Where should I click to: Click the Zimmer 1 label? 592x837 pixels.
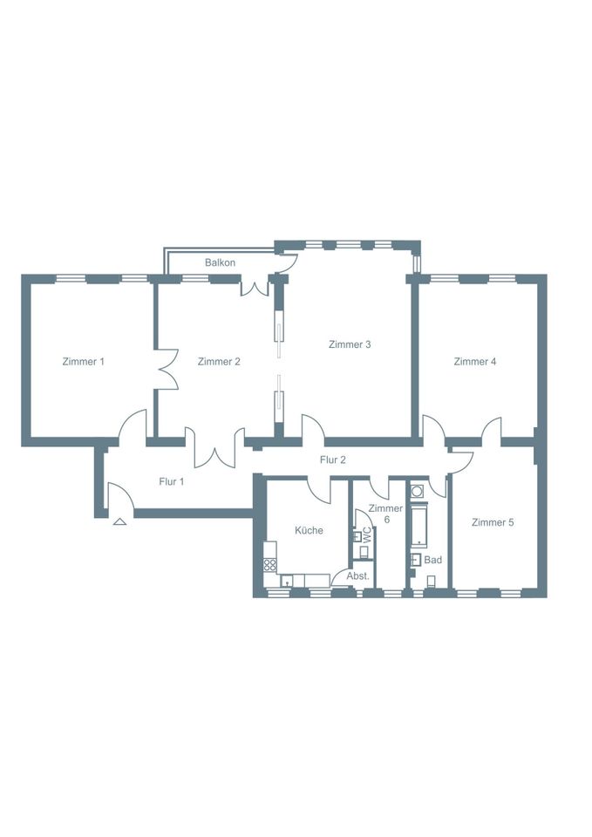click(84, 361)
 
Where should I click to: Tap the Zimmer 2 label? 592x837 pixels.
click(219, 361)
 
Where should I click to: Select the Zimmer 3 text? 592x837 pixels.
click(350, 344)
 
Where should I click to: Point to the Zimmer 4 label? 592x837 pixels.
click(475, 361)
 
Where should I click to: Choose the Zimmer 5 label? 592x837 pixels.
click(493, 522)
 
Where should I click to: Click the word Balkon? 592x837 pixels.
click(220, 262)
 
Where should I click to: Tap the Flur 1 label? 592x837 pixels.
click(172, 481)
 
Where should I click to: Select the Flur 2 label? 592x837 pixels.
click(333, 459)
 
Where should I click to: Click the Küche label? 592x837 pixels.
click(310, 530)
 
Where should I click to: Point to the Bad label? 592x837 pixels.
click(433, 560)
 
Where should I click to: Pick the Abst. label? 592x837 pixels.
click(358, 576)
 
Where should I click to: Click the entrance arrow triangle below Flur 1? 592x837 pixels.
click(120, 522)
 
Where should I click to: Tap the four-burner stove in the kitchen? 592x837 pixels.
click(270, 565)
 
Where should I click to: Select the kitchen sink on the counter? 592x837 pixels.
click(287, 581)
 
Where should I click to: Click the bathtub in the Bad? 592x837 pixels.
click(420, 527)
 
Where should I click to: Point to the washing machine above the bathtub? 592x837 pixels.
click(418, 490)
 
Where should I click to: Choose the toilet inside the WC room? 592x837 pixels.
click(365, 553)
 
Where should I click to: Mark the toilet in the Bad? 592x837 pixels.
click(432, 581)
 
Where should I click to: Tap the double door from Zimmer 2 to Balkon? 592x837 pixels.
click(254, 287)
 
